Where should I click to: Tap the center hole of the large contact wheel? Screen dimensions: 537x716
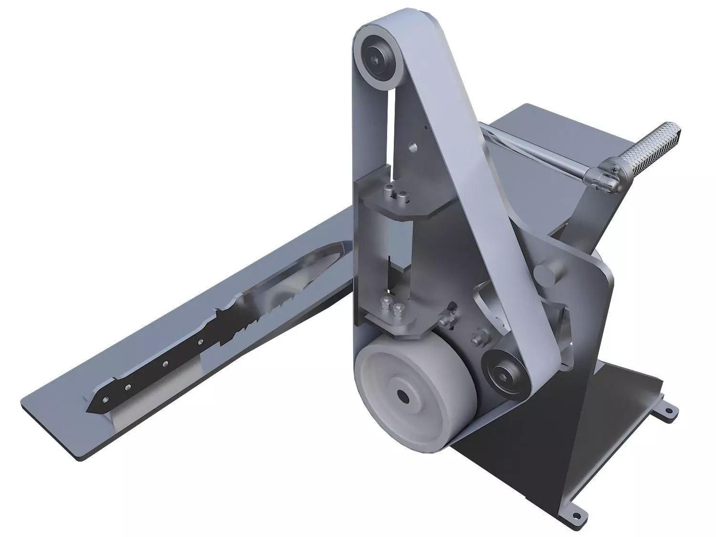[404, 396]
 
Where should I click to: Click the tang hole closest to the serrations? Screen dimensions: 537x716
[201, 342]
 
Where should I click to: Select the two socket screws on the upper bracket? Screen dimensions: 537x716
[396, 194]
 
